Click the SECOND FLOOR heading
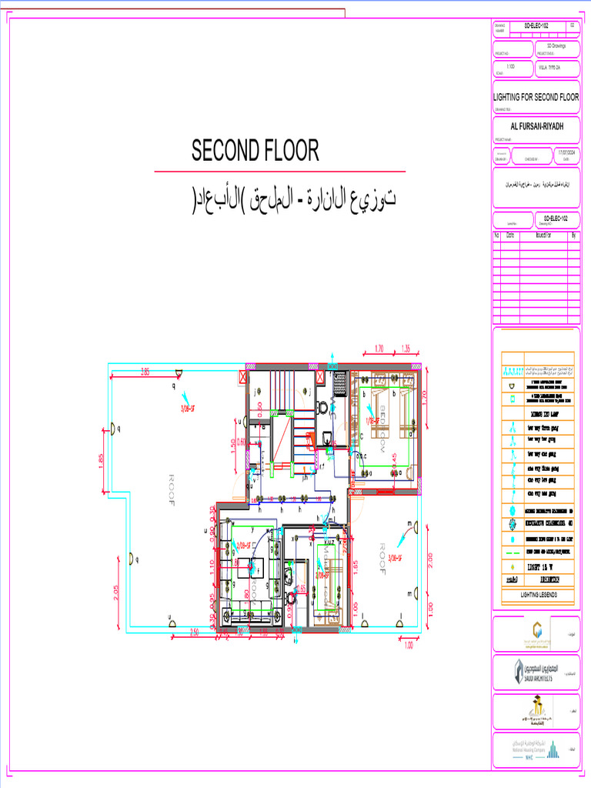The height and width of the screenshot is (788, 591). [255, 151]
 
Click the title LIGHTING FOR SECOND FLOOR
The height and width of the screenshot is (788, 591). [536, 98]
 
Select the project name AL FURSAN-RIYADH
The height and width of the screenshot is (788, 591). [536, 125]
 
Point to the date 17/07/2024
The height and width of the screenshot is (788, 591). [566, 153]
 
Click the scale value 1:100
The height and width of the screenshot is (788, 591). [511, 68]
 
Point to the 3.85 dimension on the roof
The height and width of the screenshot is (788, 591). [145, 372]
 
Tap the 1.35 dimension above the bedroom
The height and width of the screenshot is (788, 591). [406, 347]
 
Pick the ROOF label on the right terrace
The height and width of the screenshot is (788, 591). [382, 557]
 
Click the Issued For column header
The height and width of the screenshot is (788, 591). [543, 235]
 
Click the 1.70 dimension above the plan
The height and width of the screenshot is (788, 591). [379, 347]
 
